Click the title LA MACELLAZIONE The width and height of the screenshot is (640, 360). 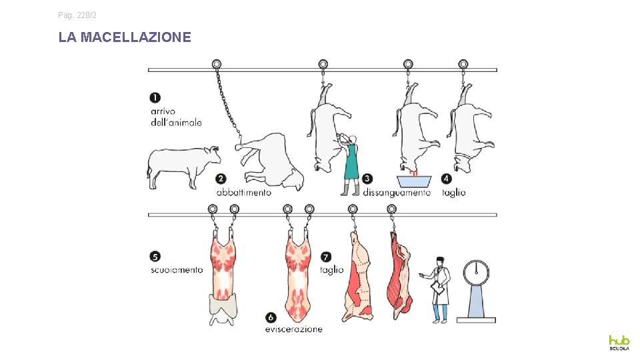coord(125,37)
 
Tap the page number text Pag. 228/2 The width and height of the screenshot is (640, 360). coord(77,15)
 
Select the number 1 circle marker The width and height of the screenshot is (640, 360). coord(155,97)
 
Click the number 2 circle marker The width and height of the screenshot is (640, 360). coord(221,179)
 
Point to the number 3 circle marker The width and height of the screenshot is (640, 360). coord(367,179)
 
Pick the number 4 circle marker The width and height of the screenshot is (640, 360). coord(447,179)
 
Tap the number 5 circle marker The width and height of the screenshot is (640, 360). coord(155,256)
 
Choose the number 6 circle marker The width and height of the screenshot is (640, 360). coord(271,317)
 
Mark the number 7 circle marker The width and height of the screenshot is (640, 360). coord(326,257)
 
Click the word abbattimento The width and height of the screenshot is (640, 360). coord(244,192)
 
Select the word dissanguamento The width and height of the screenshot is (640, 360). coord(397,193)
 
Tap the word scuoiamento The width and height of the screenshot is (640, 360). coord(177,270)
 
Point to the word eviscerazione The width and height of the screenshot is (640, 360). coord(294,329)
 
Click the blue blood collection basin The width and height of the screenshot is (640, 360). coord(414,181)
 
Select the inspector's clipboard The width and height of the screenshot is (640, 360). coord(437,288)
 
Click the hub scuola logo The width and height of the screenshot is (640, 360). coord(619,343)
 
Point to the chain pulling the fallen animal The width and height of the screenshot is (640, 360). coord(227,103)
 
